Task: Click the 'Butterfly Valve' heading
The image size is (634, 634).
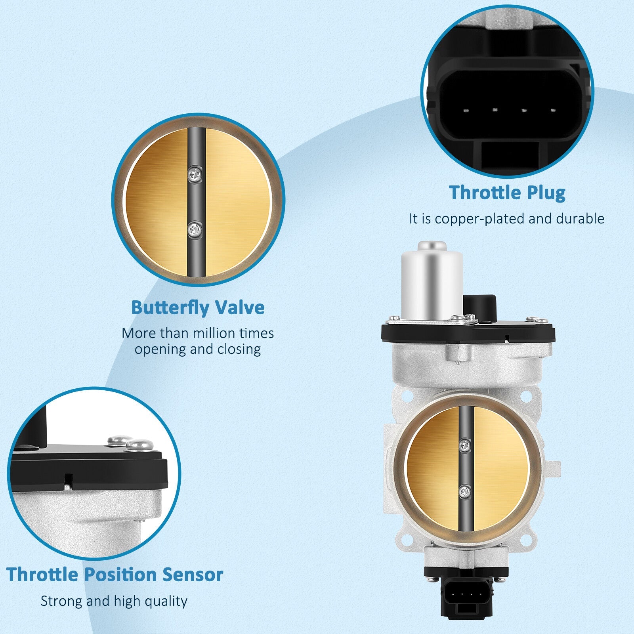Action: coord(198,307)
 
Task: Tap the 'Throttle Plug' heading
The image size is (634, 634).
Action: coord(507,193)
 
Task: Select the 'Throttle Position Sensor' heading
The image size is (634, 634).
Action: coord(115,575)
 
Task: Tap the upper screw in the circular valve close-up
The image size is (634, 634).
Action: coord(195,173)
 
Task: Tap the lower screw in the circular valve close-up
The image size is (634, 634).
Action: coord(195,229)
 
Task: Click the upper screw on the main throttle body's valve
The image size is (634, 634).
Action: coord(465,445)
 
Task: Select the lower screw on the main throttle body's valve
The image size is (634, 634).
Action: coord(465,492)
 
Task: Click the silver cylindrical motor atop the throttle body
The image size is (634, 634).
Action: coord(432,282)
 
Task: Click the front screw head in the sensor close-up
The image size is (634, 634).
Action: coord(139,445)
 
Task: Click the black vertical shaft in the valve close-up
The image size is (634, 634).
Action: coord(197,202)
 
